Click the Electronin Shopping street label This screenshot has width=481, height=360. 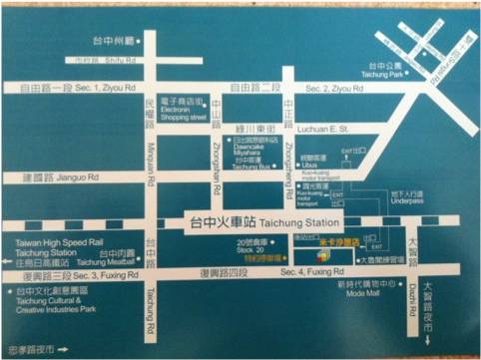(185, 113)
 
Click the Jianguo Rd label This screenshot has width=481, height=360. (68, 180)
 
